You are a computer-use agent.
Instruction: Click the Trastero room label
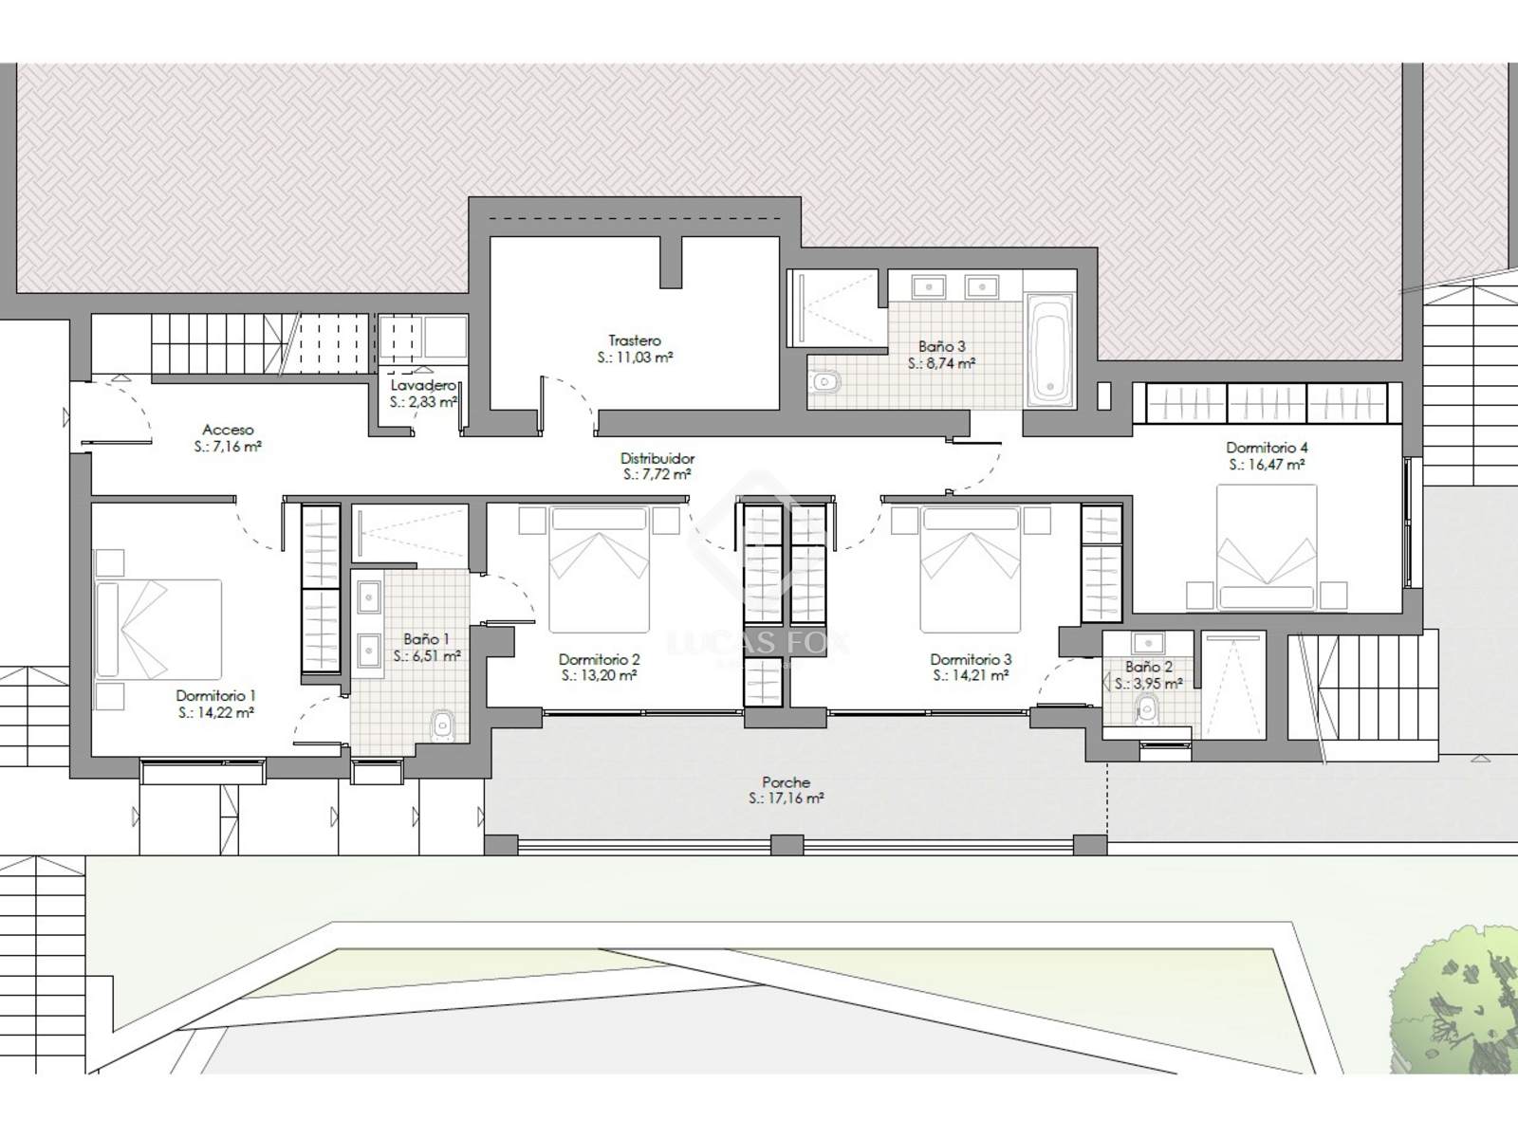(x=634, y=340)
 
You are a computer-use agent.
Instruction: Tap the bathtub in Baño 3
(x=1050, y=350)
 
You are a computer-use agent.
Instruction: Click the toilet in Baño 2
(x=1147, y=709)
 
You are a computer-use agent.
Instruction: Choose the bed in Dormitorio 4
(x=1267, y=547)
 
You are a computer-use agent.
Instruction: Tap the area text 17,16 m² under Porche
(x=786, y=798)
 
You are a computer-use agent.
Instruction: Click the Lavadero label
(x=423, y=385)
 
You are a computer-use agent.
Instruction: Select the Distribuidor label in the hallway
(x=657, y=458)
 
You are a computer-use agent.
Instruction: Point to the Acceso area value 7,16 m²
(x=228, y=447)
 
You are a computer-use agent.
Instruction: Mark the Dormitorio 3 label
(x=971, y=660)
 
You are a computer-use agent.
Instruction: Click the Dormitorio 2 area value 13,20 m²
(x=599, y=676)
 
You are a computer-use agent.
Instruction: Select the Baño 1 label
(x=427, y=639)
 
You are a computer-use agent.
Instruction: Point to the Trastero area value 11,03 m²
(x=635, y=358)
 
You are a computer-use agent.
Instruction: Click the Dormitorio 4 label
(x=1267, y=448)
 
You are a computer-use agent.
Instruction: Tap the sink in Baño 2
(x=1148, y=643)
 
